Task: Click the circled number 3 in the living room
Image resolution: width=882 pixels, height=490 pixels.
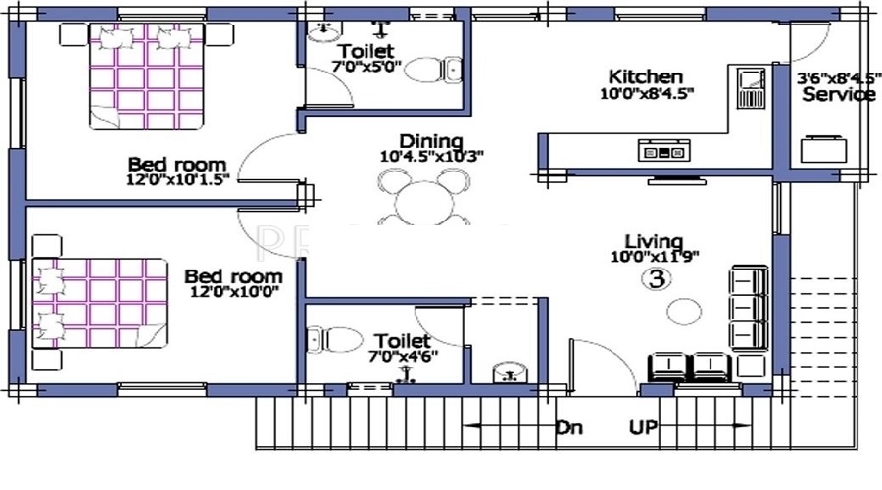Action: coord(657,278)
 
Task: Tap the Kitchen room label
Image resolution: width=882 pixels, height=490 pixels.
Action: coord(646,76)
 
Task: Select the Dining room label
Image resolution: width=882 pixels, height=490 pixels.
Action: coord(431,141)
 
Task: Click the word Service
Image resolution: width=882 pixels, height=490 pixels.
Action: coord(839,94)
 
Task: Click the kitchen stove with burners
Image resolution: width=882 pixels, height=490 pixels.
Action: coord(663,150)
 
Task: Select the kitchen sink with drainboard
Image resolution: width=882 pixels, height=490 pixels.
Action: coord(751,88)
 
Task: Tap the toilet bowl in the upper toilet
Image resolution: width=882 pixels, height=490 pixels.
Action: coord(433,70)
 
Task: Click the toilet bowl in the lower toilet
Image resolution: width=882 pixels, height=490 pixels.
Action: coord(335,340)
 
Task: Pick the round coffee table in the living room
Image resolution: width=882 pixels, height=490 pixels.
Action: coord(684,311)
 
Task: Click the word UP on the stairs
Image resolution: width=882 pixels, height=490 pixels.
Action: coord(643,427)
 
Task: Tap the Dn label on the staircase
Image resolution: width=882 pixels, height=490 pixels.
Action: coord(568,427)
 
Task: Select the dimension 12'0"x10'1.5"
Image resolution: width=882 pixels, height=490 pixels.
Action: coord(179,180)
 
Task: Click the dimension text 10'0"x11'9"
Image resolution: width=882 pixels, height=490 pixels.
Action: coord(655,257)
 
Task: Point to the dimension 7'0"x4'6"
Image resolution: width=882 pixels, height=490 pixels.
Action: coord(404,356)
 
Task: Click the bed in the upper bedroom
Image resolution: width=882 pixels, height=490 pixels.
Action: coord(146,76)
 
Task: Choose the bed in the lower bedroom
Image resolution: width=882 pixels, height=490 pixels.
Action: coord(100,303)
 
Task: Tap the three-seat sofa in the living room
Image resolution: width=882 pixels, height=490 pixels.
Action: coord(750,309)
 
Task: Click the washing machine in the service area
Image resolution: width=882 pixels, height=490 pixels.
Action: coord(823,149)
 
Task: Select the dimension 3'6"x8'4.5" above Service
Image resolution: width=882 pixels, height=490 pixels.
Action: coord(839,78)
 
